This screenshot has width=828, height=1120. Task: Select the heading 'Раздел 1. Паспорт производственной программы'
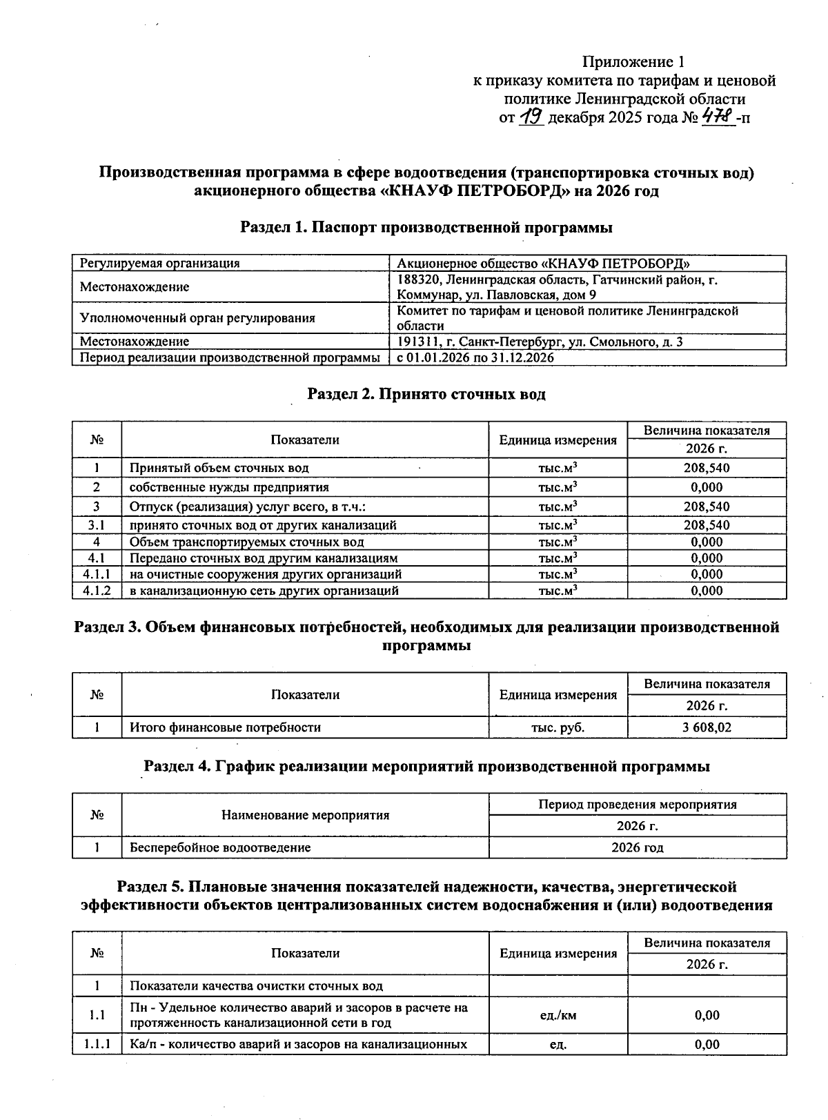(426, 227)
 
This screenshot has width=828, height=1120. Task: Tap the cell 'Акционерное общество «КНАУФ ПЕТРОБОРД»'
(544, 263)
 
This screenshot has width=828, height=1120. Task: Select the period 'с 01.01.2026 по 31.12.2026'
(475, 357)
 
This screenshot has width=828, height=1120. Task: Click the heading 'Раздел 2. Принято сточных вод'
(426, 394)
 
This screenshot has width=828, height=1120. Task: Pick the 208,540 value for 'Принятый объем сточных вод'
(706, 468)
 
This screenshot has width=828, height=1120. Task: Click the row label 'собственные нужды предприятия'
(229, 487)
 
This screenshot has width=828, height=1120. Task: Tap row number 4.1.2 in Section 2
(97, 591)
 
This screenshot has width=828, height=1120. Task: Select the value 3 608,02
(706, 727)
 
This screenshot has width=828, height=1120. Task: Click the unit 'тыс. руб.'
(558, 727)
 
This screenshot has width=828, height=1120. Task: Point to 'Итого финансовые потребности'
(226, 727)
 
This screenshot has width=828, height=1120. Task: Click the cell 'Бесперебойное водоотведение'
(221, 847)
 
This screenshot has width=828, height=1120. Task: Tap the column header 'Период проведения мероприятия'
(637, 805)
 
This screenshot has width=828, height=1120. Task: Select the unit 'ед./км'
(558, 1015)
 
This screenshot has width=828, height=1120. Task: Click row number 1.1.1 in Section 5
(97, 1044)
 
